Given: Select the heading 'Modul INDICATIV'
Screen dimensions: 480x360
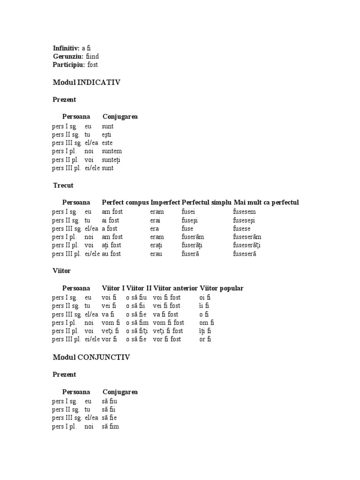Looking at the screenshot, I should pyautogui.click(x=87, y=82).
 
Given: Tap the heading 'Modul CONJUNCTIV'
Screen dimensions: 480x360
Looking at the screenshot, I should pyautogui.click(x=91, y=357).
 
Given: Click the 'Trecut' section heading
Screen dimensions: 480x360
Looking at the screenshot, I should pyautogui.click(x=63, y=186).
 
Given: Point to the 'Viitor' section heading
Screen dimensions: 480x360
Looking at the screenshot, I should pyautogui.click(x=62, y=271).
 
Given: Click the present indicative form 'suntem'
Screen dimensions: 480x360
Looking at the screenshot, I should pyautogui.click(x=112, y=151).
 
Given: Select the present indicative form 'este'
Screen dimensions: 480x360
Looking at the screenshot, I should pyautogui.click(x=107, y=143).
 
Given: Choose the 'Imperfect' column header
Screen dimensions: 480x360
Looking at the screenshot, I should pyautogui.click(x=165, y=202).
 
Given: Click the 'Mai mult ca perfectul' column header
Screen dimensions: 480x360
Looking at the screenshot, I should pyautogui.click(x=266, y=202).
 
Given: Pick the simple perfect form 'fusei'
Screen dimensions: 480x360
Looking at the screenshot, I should pyautogui.click(x=189, y=212).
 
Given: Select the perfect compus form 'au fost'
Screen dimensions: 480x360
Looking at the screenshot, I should pyautogui.click(x=112, y=254).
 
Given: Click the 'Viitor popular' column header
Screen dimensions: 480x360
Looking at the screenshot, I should pyautogui.click(x=221, y=288).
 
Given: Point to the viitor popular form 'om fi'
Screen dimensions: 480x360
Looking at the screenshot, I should pyautogui.click(x=205, y=322).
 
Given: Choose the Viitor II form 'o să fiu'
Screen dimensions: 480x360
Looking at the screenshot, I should pyautogui.click(x=136, y=297).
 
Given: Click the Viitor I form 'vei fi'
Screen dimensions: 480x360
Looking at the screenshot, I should pyautogui.click(x=110, y=306).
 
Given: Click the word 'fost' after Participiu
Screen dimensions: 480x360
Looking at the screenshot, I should pyautogui.click(x=93, y=65).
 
